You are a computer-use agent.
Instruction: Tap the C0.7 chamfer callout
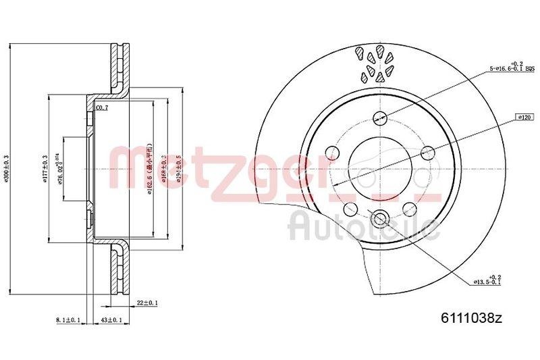103,107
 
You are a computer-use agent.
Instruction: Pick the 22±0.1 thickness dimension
146,303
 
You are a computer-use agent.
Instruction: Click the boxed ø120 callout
522,117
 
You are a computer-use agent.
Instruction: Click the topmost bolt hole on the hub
379,115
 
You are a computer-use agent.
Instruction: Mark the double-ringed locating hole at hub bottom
379,217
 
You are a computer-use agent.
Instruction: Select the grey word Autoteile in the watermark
364,225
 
